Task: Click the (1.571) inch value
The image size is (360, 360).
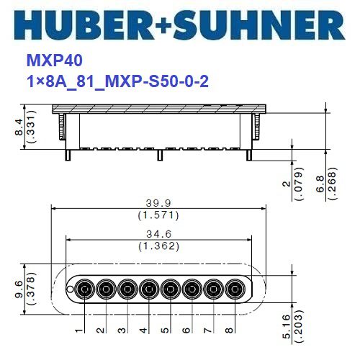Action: click(158, 215)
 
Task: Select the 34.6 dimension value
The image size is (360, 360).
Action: click(158, 235)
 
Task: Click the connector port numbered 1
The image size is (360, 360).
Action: click(85, 289)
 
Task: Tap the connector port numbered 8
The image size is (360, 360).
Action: click(234, 289)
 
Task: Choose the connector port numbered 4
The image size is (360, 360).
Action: click(149, 289)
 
